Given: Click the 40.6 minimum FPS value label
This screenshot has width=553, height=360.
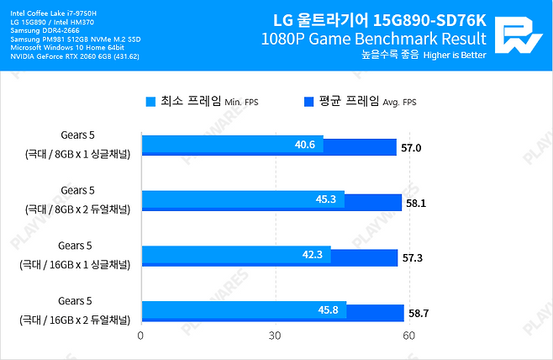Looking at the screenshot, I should pos(304,145).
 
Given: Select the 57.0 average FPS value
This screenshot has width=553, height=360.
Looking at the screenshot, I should pos(411,148).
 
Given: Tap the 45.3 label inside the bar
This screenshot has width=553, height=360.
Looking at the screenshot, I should pos(325,199).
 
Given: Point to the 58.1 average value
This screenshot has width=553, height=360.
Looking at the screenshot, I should pos(416,203).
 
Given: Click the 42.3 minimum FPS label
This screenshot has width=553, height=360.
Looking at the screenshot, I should pos(312,254).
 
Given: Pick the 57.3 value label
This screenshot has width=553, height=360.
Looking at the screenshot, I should pos(413,257).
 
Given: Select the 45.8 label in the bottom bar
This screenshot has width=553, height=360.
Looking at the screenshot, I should pos(328,309).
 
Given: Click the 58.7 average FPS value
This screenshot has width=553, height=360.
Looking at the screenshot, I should pos(419,312).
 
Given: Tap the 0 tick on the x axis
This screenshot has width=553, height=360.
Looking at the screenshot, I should pos(140,335).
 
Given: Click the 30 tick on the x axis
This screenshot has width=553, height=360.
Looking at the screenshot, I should pos(274,335).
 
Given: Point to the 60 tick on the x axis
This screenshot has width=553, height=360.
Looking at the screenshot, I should pos(408,335).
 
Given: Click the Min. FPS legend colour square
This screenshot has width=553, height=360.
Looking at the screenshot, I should pos(150,102).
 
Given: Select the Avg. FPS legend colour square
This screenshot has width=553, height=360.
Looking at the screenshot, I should pos(307,102).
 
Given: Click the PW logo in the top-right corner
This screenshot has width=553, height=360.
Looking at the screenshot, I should pos(518,34).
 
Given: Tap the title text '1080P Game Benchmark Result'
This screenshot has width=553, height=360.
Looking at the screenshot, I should pos(373,38).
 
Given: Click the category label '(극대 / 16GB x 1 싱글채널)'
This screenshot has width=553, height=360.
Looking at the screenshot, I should pos(77,264).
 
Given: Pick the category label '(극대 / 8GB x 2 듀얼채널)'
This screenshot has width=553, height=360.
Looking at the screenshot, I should pos(76,209).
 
